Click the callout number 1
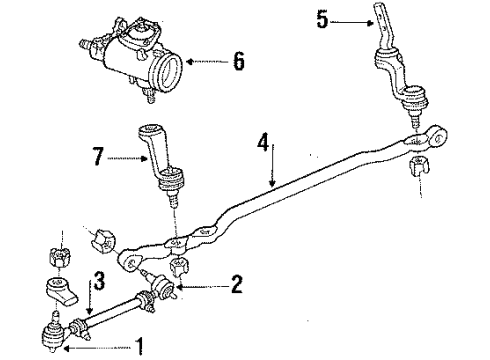click(x=140, y=348)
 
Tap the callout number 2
click(x=235, y=285)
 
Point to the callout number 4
click(x=262, y=143)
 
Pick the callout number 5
click(x=322, y=19)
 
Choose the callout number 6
click(x=237, y=61)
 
